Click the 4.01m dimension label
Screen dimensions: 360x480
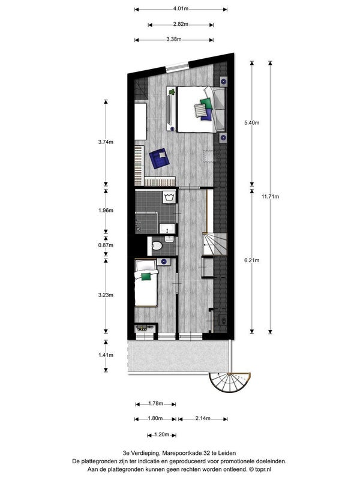[181, 8]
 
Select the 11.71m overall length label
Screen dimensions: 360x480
[270, 197]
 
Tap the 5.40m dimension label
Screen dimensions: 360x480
[251, 123]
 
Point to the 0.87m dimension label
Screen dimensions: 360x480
[106, 245]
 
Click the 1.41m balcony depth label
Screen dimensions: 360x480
[106, 355]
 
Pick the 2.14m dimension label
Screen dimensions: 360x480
[203, 418]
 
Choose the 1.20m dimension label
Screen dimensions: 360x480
[161, 434]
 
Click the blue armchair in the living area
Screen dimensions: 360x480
[159, 158]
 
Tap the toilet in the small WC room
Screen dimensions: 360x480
[157, 245]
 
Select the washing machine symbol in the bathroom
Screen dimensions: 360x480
[169, 197]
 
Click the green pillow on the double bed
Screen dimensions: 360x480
[206, 103]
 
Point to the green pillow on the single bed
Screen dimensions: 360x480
[146, 277]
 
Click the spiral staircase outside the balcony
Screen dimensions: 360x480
[230, 383]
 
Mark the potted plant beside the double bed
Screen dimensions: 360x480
[172, 92]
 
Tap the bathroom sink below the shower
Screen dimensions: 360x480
[167, 228]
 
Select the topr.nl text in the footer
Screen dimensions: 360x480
[263, 469]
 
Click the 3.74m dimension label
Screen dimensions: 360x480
[106, 142]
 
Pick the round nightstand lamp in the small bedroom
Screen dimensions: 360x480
[164, 262]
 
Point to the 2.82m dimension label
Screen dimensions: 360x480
[181, 24]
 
